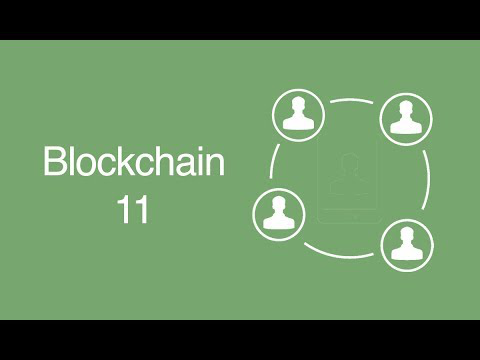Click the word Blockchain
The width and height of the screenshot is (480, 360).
tap(134, 161)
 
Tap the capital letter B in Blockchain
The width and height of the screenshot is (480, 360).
tap(55, 161)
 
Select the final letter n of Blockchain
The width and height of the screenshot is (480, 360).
tap(215, 165)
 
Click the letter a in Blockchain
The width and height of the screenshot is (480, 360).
tap(183, 165)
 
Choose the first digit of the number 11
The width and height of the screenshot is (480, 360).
tap(124, 209)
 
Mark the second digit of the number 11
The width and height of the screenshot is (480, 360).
tap(141, 209)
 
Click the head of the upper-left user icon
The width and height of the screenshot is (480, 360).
tap(298, 105)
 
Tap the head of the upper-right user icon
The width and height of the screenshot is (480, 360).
tap(406, 109)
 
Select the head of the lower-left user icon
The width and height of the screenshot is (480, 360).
tap(279, 204)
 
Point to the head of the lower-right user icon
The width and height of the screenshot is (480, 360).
tap(407, 235)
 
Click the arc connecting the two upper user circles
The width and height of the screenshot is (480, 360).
tap(352, 100)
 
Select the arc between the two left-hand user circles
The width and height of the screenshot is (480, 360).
tap(272, 161)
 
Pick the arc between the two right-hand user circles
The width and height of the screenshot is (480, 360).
tap(427, 180)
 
